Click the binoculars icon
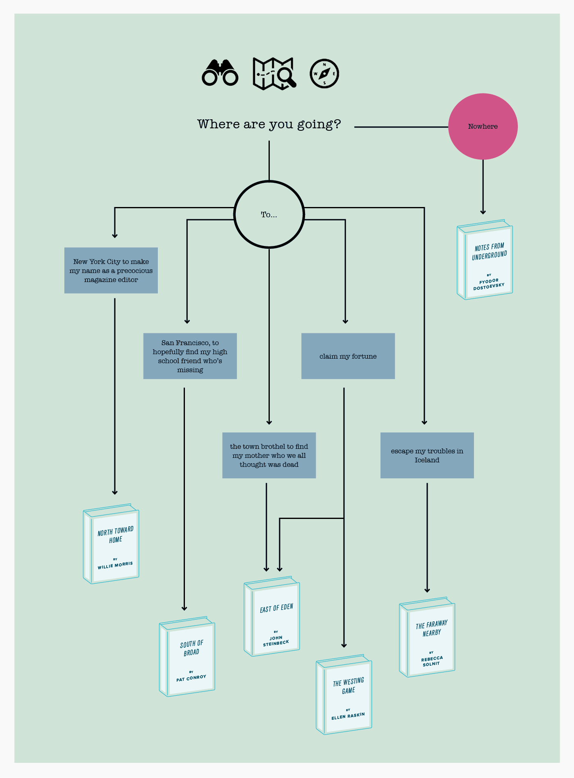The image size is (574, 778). click(x=220, y=73)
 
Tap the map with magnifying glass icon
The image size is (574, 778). click(x=274, y=73)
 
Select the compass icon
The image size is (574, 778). click(x=324, y=74)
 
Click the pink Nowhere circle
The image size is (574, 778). click(x=483, y=126)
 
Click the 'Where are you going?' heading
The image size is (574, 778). click(x=269, y=124)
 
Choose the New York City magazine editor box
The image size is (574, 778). click(x=111, y=271)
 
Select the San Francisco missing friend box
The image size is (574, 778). click(x=190, y=356)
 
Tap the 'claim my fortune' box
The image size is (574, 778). click(x=348, y=356)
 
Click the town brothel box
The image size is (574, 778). click(x=269, y=455)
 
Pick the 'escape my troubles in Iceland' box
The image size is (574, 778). click(x=427, y=455)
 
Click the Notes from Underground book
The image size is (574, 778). click(x=485, y=259)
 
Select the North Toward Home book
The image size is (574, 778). click(x=111, y=544)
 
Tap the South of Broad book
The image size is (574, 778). click(x=187, y=656)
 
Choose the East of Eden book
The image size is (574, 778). click(x=272, y=616)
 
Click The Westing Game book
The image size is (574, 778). click(x=344, y=694)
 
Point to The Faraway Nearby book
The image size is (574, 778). click(x=427, y=637)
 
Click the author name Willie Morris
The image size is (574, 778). click(x=115, y=565)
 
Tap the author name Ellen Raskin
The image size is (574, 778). click(x=348, y=716)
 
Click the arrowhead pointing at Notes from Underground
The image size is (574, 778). click(x=483, y=212)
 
